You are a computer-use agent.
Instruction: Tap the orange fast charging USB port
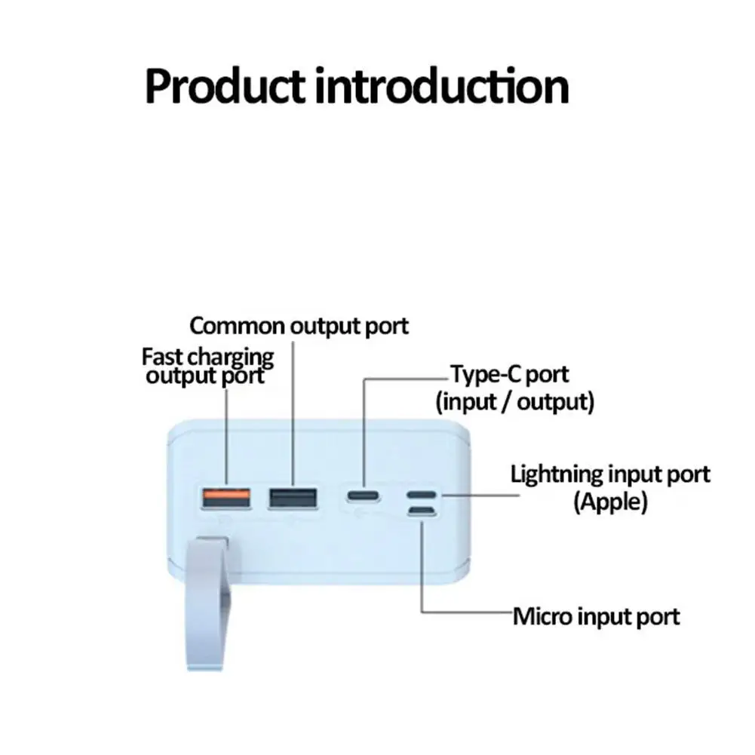(225, 497)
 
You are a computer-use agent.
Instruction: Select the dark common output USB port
(293, 497)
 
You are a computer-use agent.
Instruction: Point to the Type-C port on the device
(365, 496)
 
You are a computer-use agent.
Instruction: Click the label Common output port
(299, 326)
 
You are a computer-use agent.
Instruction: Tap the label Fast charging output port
(207, 365)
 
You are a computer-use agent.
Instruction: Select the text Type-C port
(510, 373)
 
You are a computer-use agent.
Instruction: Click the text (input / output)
(515, 401)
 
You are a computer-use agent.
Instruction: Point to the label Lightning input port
(610, 474)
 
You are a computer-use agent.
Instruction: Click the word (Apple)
(610, 502)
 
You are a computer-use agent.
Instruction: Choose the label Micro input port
(596, 616)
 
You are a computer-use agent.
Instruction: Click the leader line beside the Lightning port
(479, 496)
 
